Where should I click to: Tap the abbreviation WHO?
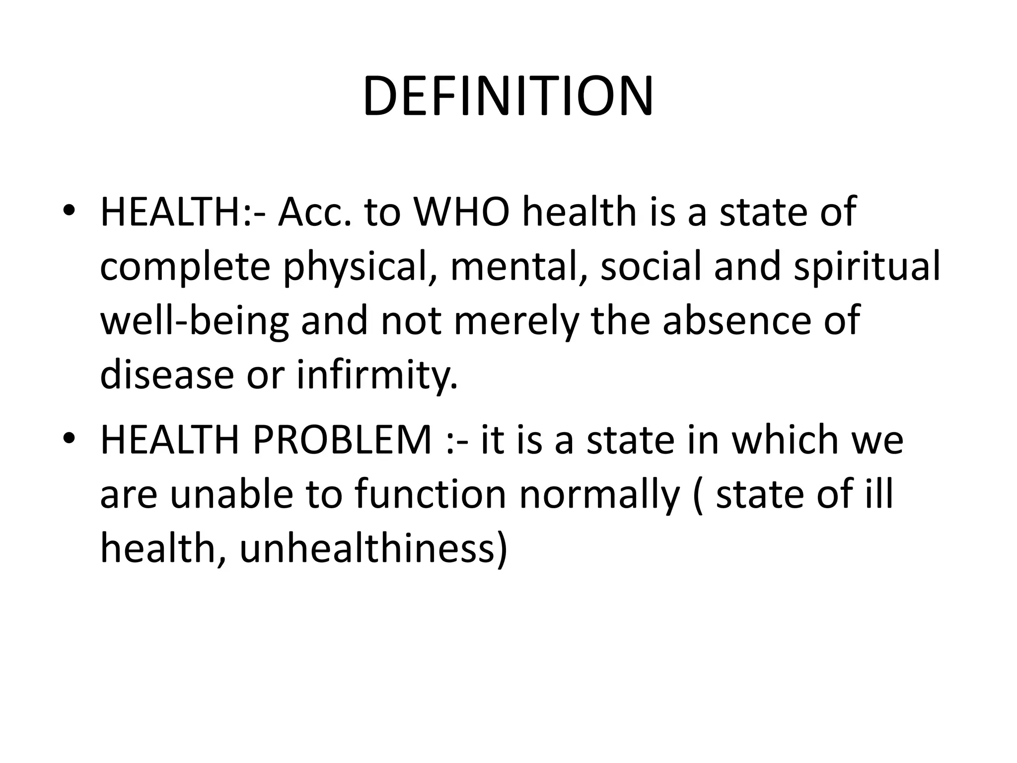pyautogui.click(x=462, y=213)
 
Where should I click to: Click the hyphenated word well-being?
pyautogui.click(x=195, y=322)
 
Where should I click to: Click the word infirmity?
pyautogui.click(x=377, y=375)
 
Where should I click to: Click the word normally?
pyautogui.click(x=599, y=495)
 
